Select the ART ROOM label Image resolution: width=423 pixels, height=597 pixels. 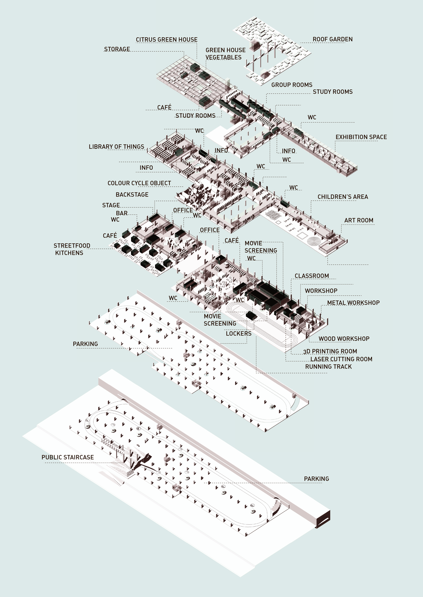(x=359, y=220)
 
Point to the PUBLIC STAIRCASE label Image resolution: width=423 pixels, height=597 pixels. (x=68, y=457)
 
